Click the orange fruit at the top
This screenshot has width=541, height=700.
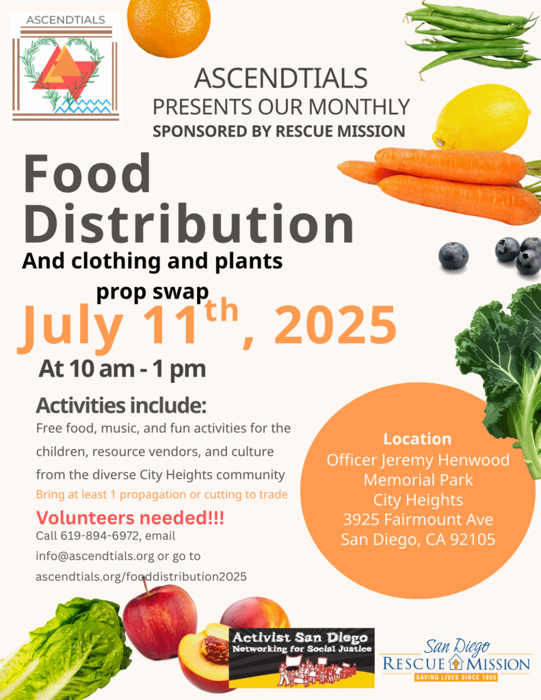pos(168,26)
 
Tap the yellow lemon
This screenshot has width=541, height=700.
pos(481,118)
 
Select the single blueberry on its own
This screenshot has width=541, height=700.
pos(453,256)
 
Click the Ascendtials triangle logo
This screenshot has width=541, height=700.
pos(66,68)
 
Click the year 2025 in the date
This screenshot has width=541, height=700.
pos(335,325)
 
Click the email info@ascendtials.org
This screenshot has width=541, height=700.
pos(94,556)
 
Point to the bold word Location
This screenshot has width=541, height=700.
pos(417,439)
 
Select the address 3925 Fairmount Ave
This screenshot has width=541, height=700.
pos(418,520)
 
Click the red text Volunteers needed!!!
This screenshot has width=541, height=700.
pos(130,518)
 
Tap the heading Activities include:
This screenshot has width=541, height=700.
pos(121,405)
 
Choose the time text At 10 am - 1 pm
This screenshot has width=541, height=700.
pos(122,368)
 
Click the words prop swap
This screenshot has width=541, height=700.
pos(153,291)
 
